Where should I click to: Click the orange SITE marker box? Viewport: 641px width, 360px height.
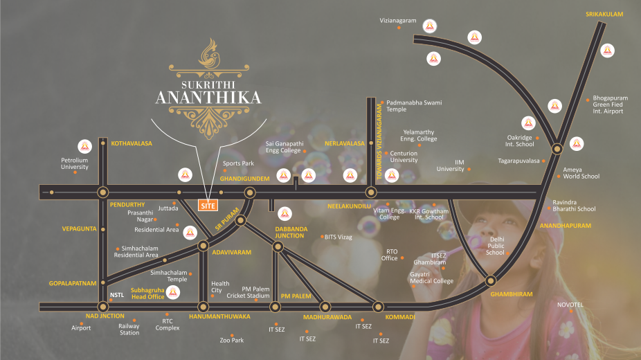pos(208,205)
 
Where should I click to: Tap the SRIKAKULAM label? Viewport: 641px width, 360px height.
pos(604,14)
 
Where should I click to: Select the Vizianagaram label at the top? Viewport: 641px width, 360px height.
pos(398,21)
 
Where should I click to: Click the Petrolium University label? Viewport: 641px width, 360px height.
pos(75,163)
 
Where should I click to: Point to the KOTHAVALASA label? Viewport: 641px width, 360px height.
pos(131,143)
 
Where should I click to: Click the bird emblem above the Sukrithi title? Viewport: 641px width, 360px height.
pos(208,53)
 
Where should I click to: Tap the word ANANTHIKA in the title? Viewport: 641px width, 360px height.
pos(208,96)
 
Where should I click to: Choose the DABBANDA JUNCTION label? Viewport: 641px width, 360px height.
pos(289,232)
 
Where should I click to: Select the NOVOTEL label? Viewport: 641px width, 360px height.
pos(570,305)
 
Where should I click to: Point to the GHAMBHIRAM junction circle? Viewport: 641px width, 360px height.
pos(490,281)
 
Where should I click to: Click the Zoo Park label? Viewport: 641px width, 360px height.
pos(231,340)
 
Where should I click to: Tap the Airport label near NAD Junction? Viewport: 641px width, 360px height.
pos(81,328)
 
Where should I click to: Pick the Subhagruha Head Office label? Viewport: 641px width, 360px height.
pos(147,293)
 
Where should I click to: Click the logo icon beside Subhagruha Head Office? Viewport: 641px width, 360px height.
pos(173,293)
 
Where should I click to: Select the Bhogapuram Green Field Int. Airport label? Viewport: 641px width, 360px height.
pos(608,105)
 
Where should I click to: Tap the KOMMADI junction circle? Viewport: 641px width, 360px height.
pos(378,306)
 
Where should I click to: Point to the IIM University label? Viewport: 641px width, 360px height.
pos(450,165)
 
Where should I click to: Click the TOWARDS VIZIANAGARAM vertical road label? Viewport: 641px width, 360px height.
pos(379,144)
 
